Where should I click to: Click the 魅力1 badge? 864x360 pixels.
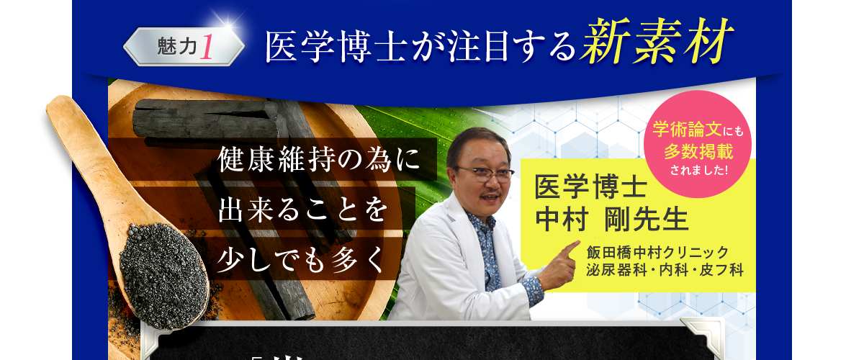coord(184,47)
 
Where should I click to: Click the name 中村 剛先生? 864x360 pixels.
coord(612,218)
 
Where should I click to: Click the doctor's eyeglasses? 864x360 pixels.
coord(484,173)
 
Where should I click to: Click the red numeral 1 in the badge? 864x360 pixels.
coord(207,47)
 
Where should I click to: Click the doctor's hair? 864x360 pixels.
coord(475,140)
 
